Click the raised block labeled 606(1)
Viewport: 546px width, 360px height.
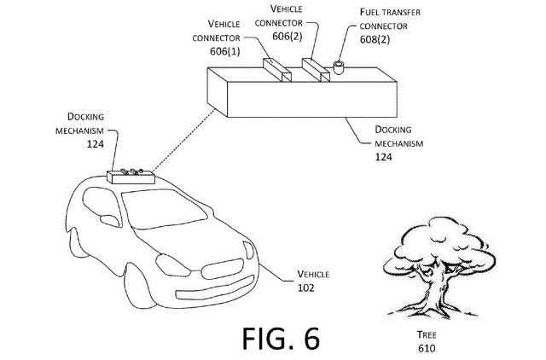pyautogui.click(x=278, y=71)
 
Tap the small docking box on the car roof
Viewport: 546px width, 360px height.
pyautogui.click(x=130, y=177)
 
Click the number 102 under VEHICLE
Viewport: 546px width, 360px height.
pyautogui.click(x=306, y=287)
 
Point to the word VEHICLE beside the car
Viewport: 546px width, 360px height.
pyautogui.click(x=313, y=274)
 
